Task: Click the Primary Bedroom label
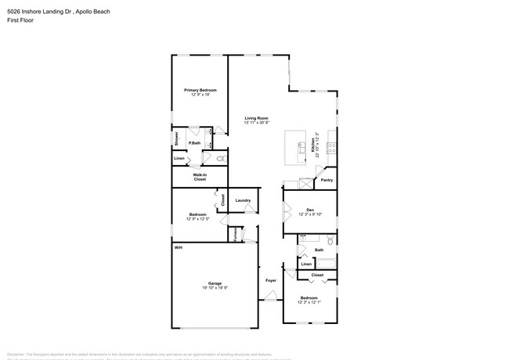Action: coord(200,91)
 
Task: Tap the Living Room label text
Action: coord(256,118)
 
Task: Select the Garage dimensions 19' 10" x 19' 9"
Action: coord(214,288)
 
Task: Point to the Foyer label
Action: coord(271,279)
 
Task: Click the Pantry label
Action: coord(326,180)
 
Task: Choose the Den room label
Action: coord(310,209)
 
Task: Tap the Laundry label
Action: coord(243,200)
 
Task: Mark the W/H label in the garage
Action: coord(179,247)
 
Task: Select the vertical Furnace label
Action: coord(235,233)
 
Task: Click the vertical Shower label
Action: coord(177,139)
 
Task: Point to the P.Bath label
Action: coord(194,143)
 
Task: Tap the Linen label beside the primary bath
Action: coord(179,159)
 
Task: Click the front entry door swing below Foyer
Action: coord(271,295)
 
